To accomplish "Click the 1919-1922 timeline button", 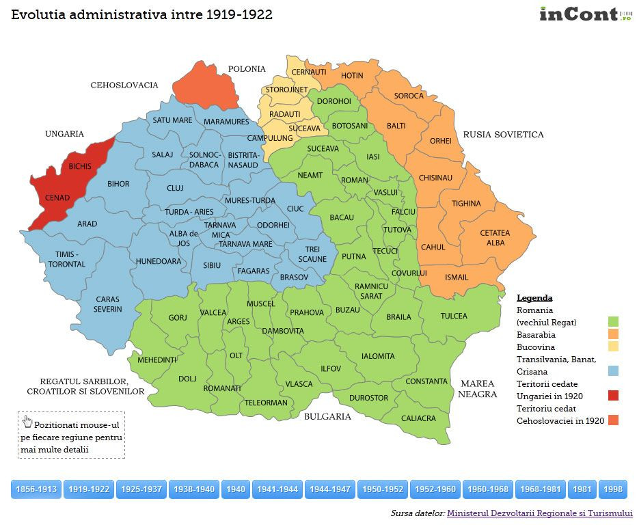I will (90, 489).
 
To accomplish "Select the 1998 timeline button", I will (613, 489).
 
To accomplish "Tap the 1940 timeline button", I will (235, 489).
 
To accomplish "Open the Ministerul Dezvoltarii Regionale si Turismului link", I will (539, 513).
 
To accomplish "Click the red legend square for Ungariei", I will (613, 395).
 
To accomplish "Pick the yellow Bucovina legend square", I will (613, 347).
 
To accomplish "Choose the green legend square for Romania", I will (613, 321).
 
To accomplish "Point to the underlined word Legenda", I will (534, 298).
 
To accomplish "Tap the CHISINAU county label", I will (435, 178).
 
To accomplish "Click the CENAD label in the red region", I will (57, 198).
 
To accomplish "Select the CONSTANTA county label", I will (426, 381).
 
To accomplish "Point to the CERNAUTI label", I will (308, 72).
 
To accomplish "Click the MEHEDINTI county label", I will (157, 360).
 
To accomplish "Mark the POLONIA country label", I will (247, 69).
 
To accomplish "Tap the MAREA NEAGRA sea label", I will (477, 389).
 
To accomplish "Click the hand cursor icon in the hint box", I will (27, 420).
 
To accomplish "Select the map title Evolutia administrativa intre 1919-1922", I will (141, 15).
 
